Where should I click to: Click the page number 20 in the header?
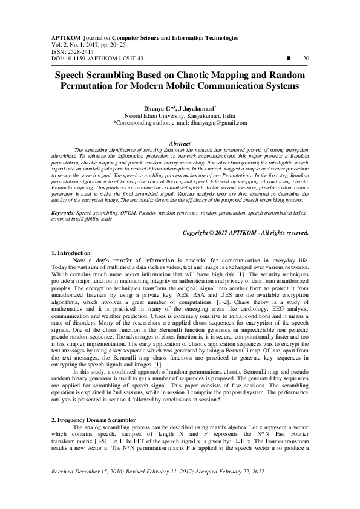pyautogui.click(x=306, y=58)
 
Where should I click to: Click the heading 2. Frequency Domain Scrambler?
pyautogui.click(x=94, y=419)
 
